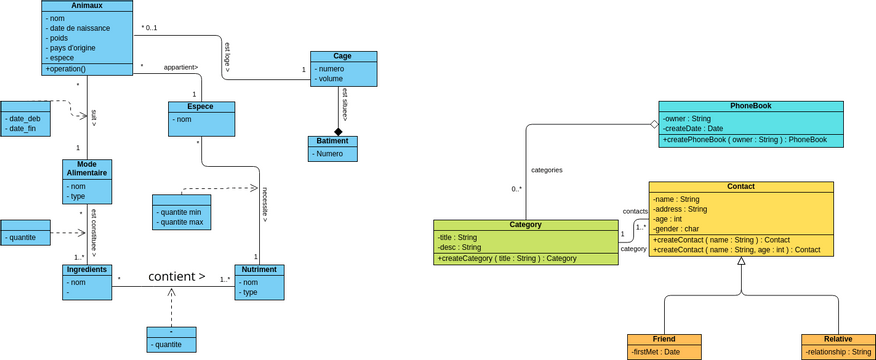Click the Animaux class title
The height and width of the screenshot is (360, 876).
pyautogui.click(x=87, y=5)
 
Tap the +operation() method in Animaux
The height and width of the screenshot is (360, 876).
pyautogui.click(x=66, y=69)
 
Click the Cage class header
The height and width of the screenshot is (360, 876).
pyautogui.click(x=343, y=57)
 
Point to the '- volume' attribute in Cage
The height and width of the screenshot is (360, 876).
pyautogui.click(x=331, y=78)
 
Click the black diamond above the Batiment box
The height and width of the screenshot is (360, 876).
pyautogui.click(x=338, y=131)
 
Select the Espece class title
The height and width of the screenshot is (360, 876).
pyautogui.click(x=202, y=106)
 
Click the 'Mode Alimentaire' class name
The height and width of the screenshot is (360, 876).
pyautogui.click(x=87, y=169)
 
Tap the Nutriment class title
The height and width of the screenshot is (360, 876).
pyautogui.click(x=259, y=270)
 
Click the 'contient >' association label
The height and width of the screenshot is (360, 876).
pyautogui.click(x=177, y=276)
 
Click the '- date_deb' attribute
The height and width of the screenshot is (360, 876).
pyautogui.click(x=24, y=118)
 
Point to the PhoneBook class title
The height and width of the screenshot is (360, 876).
pyautogui.click(x=750, y=106)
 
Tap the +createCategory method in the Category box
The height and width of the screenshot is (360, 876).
pyautogui.click(x=506, y=258)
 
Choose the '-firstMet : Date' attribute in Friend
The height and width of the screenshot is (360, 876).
pyautogui.click(x=658, y=351)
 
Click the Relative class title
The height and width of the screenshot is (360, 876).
pyautogui.click(x=838, y=339)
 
